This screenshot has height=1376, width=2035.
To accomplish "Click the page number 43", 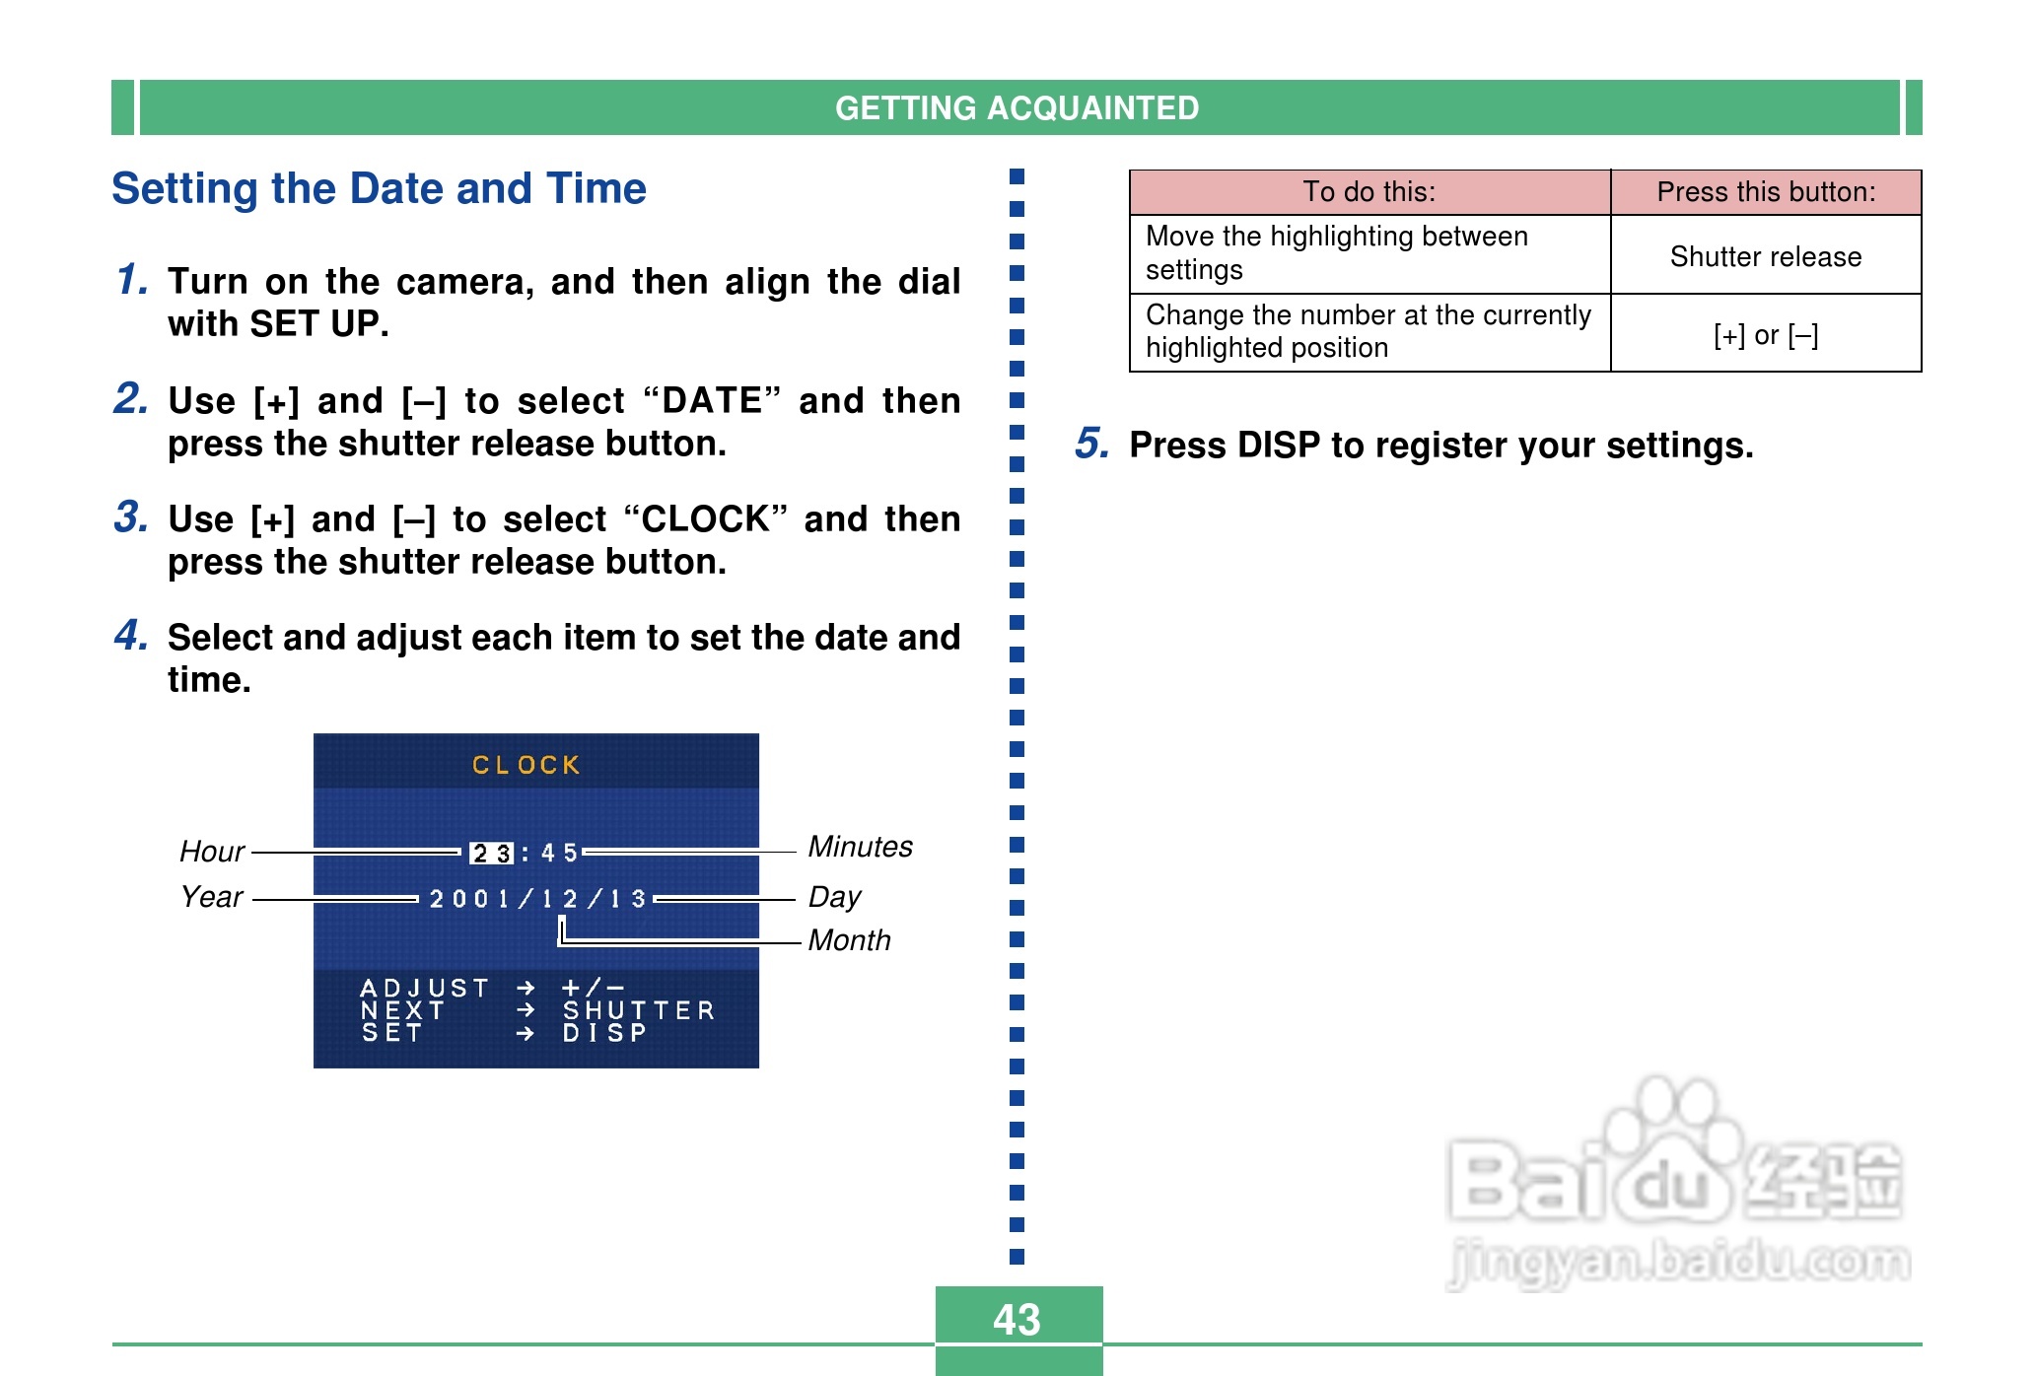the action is [1017, 1319].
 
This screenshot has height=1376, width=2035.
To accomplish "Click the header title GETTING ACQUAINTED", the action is [1017, 107].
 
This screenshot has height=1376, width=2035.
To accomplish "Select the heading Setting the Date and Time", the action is [379, 188].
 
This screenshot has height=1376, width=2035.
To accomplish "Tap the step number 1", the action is [131, 279].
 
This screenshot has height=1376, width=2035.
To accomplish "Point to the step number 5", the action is [1091, 444].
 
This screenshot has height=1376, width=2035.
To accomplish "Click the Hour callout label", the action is [212, 852].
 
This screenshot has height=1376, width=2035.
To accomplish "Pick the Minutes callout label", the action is [860, 847].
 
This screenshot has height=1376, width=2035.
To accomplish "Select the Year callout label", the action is [212, 897].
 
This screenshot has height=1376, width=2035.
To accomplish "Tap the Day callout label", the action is [834, 897].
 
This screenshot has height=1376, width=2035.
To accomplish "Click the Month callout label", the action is [849, 940].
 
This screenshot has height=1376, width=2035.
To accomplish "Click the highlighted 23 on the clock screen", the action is [491, 853].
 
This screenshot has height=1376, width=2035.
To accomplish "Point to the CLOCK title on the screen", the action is [526, 765].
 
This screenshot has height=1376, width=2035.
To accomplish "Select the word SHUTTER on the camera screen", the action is [639, 1010].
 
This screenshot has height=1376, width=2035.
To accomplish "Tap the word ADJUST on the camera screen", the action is [425, 988].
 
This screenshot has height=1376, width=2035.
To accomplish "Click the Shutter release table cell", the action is [1766, 256].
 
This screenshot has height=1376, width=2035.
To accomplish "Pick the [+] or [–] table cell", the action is [1766, 335].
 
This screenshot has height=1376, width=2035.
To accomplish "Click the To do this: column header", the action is [1369, 191].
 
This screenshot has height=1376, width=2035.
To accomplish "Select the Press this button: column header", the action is [1766, 191].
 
